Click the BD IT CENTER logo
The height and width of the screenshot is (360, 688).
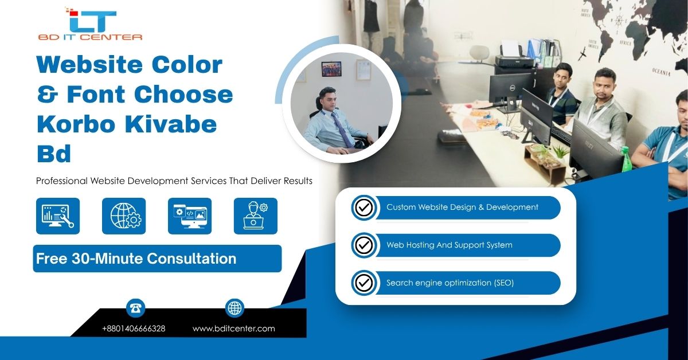[x=90, y=24]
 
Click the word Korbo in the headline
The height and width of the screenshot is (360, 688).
[x=76, y=124]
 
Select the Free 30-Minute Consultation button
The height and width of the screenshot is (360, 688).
[x=157, y=259]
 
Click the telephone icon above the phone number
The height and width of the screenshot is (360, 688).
[x=135, y=308]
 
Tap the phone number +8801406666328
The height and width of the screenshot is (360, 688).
[x=134, y=328]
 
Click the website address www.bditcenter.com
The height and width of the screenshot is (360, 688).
[x=234, y=328]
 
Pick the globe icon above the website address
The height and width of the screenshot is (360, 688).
[x=234, y=308]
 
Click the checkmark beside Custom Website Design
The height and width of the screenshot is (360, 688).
[x=364, y=208]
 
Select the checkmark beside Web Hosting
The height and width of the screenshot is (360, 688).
[x=364, y=245]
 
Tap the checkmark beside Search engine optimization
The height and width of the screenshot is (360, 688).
[x=364, y=283]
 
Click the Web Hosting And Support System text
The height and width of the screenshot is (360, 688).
[x=449, y=245]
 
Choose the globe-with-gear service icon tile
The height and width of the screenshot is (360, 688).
[x=124, y=216]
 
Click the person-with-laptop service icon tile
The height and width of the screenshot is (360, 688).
[x=256, y=216]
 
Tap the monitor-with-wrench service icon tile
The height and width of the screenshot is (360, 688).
[x=58, y=216]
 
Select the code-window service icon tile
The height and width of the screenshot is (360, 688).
[x=190, y=216]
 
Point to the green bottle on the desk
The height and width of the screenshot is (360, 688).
[x=626, y=159]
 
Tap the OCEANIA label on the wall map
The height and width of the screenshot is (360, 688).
[x=661, y=72]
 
